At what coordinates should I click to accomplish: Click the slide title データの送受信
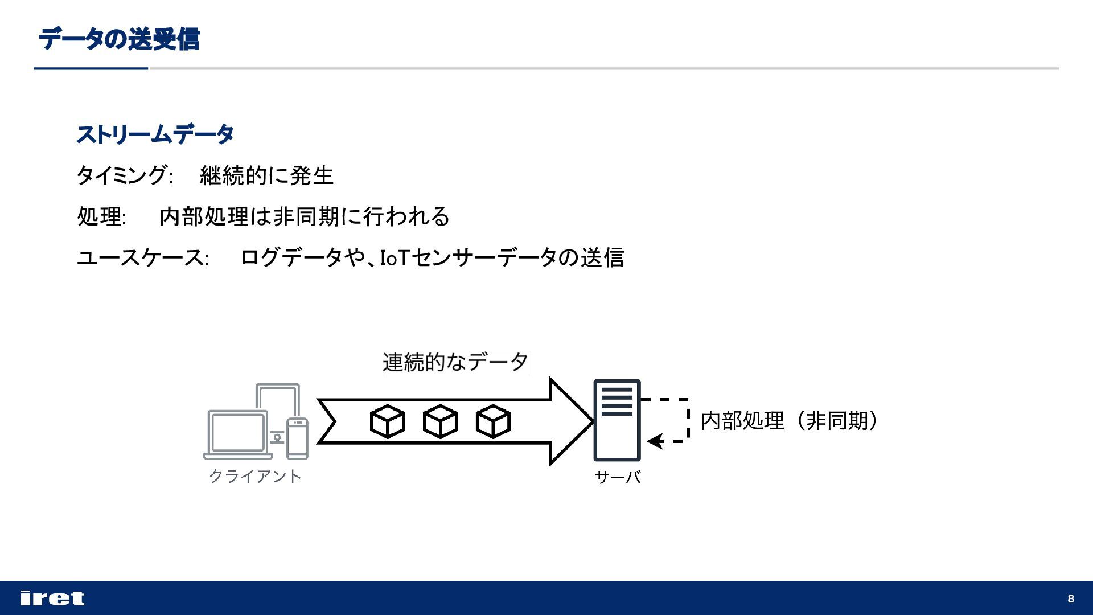(119, 40)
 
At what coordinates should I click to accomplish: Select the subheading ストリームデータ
(155, 134)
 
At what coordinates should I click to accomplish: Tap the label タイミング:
(125, 175)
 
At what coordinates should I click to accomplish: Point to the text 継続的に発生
(266, 175)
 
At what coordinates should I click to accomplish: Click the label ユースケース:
(142, 257)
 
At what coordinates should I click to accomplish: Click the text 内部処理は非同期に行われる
(304, 216)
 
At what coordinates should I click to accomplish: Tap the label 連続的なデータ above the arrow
(455, 362)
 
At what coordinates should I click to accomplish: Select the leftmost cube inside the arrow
(387, 421)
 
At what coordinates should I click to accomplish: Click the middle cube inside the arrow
(440, 421)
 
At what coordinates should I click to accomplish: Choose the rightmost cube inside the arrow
(493, 421)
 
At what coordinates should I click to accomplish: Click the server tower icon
(617, 420)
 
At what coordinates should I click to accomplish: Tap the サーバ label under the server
(618, 477)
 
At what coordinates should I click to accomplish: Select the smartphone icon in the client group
(297, 438)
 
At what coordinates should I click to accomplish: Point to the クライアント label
(255, 476)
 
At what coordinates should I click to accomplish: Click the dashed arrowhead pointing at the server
(655, 441)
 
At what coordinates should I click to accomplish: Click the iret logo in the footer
(52, 598)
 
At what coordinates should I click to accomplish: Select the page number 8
(1071, 598)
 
